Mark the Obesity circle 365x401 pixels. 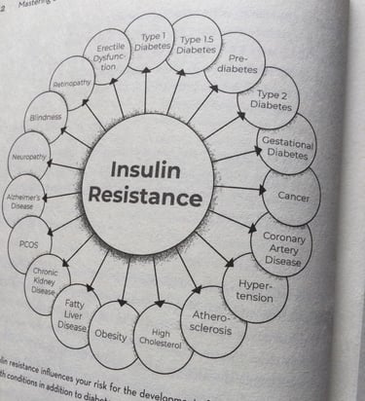click(x=110, y=334)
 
